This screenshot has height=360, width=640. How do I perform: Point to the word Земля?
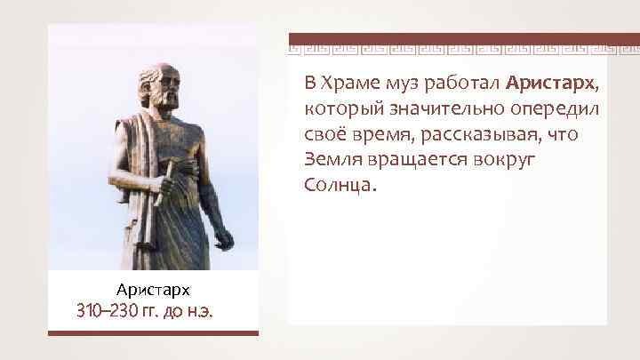(x=332, y=161)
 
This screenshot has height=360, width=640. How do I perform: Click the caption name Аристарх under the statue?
(x=153, y=290)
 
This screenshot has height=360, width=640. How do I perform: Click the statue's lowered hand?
(x=224, y=237)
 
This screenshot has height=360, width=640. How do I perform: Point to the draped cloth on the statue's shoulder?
(x=133, y=133)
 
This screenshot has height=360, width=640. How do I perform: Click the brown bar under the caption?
(x=152, y=333)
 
